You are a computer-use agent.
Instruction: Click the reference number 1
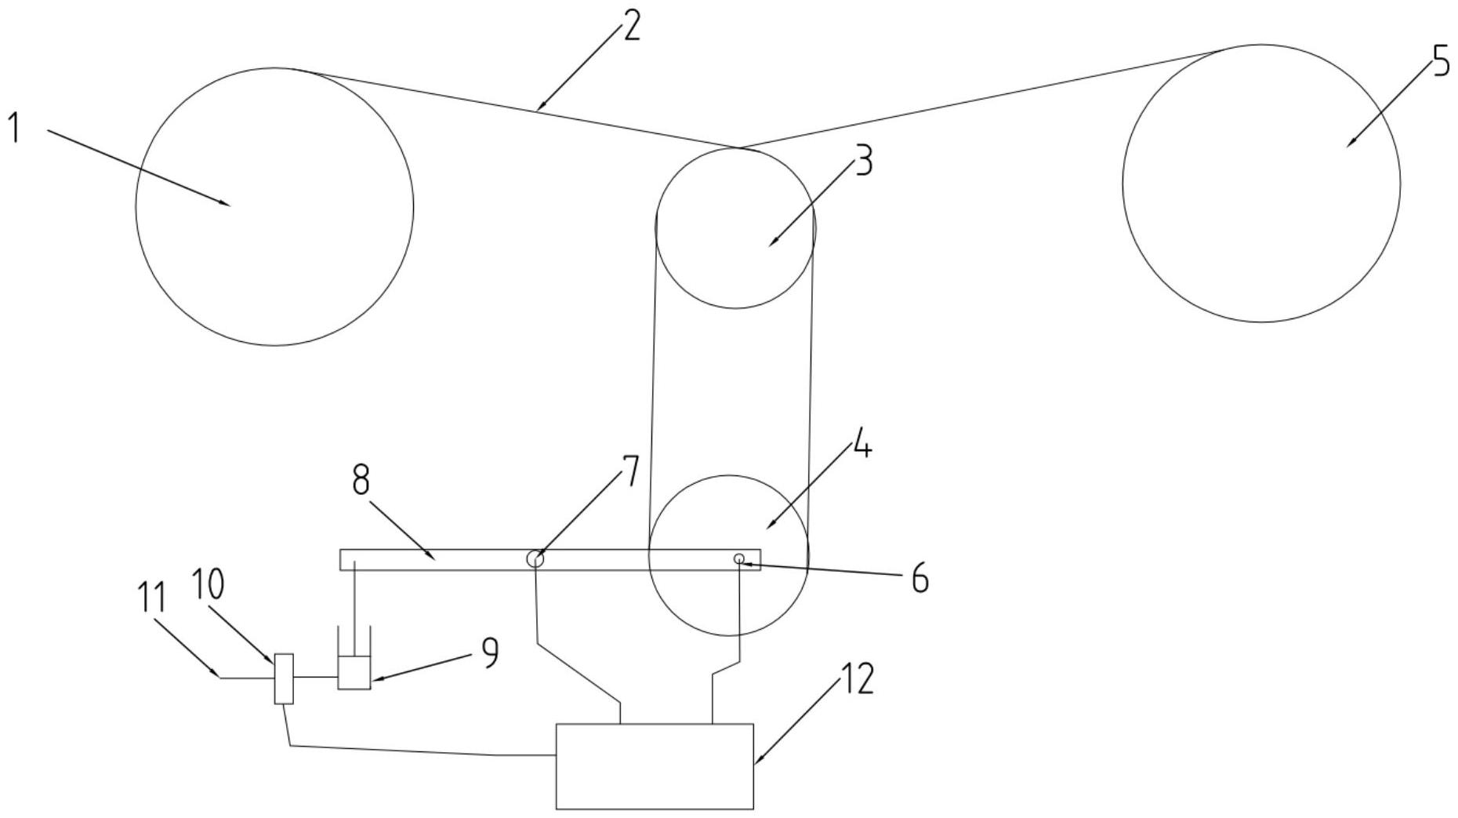tap(13, 128)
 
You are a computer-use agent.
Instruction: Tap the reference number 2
tap(630, 25)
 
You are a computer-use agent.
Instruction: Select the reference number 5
tap(1441, 61)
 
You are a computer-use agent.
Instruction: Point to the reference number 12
tap(858, 679)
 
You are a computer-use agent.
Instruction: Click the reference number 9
tap(490, 653)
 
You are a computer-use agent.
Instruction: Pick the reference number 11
tap(152, 598)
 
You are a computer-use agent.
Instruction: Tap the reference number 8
tap(361, 480)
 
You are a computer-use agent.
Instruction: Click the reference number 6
tap(919, 580)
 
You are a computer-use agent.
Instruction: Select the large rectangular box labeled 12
tap(655, 765)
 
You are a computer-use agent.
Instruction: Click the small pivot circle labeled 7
tap(535, 559)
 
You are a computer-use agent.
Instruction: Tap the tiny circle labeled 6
tap(738, 558)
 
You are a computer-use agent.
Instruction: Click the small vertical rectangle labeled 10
tap(284, 678)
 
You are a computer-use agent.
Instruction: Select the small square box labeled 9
tap(354, 673)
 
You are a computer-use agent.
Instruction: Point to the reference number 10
tap(208, 584)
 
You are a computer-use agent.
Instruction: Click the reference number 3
tap(862, 161)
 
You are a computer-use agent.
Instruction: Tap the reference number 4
tap(861, 447)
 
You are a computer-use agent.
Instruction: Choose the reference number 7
tap(630, 471)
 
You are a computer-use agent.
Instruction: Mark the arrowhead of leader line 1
tap(228, 204)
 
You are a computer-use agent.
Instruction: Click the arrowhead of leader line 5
tap(1348, 145)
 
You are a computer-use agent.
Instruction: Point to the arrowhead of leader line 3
tap(770, 245)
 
